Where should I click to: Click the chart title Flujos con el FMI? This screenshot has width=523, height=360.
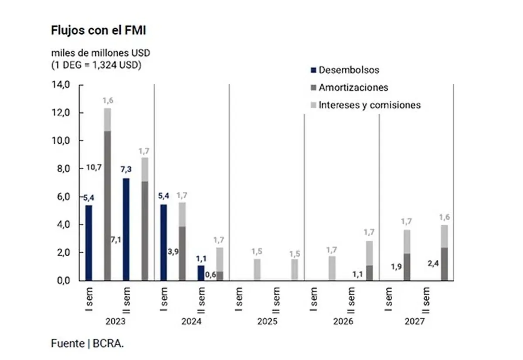(98, 31)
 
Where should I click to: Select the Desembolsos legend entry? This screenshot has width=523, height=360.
(345, 70)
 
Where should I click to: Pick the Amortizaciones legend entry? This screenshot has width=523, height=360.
(349, 88)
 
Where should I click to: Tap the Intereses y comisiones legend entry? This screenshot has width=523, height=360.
(366, 105)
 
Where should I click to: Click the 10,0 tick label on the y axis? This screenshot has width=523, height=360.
(61, 141)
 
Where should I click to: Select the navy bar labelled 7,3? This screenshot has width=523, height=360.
(126, 229)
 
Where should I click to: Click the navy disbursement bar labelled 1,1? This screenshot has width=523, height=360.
(201, 273)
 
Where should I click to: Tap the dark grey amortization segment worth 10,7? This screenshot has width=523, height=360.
(107, 206)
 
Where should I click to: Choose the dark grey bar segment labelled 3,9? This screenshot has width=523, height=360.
(182, 253)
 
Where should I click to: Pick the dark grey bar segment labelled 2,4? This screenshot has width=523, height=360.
(445, 264)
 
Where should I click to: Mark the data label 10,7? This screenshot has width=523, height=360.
(94, 167)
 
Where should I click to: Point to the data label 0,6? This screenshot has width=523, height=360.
(211, 275)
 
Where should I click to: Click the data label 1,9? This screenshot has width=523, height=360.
(397, 267)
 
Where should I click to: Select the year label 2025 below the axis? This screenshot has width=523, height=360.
(267, 322)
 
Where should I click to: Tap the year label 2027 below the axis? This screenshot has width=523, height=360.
(414, 322)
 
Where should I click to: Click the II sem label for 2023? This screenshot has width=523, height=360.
(126, 300)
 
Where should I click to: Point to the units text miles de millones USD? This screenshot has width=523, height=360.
(101, 53)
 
